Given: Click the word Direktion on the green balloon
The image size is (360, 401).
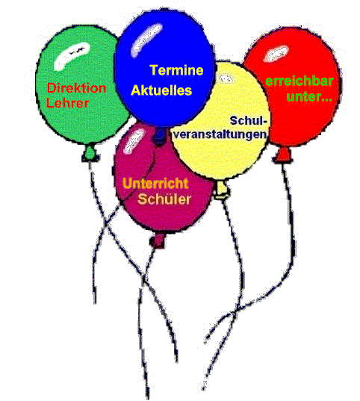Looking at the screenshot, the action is pos(76,88).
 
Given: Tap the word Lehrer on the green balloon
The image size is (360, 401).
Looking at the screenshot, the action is pos(67,103).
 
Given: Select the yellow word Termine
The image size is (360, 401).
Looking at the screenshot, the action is pos(176,70).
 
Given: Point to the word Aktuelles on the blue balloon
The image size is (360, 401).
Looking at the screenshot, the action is pos(161,90).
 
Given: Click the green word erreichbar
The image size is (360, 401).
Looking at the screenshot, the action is pos(300,81).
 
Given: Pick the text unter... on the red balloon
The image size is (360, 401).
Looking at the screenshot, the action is pos(309,97).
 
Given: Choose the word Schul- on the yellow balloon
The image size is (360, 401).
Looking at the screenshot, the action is pos(248,120).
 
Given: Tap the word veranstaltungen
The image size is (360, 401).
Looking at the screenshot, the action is pos(220,134).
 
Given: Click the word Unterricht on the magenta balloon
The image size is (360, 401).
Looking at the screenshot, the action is pos(155,184).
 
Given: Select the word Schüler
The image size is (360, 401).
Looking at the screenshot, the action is pos(164,199).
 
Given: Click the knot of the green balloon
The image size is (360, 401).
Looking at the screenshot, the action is pos(90,154).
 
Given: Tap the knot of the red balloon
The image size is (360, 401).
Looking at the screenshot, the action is pos(282,155).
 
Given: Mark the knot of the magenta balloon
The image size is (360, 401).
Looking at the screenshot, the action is pos(158,240).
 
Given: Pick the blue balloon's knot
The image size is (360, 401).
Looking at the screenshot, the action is pos(159,136).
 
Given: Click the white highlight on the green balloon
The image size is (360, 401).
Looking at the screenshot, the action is pos(71,56).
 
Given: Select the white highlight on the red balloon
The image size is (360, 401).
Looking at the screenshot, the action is pos(276,54).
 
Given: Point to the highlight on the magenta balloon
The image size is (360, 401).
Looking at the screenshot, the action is pos(133,142).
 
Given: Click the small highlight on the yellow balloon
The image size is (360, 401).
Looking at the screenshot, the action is pos(226,78).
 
